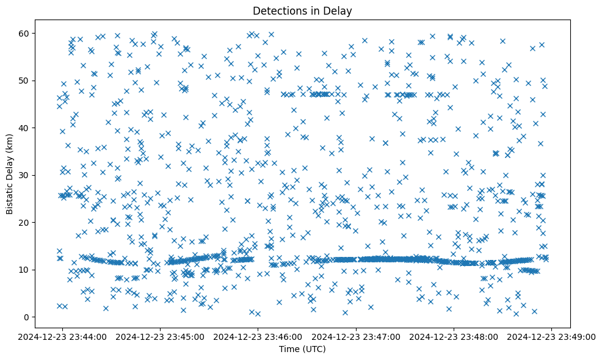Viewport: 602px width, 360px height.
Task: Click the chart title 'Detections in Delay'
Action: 302,11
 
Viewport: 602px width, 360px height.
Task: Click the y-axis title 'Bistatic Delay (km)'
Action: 10,173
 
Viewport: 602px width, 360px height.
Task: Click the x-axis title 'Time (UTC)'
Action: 302,350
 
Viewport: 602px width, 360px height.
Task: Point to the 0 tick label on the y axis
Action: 26,317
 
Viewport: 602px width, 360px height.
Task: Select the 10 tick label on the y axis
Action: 24,270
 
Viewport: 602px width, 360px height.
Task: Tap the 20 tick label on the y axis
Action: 24,222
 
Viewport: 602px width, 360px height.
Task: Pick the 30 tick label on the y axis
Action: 24,175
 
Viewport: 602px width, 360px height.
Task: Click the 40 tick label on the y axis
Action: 24,128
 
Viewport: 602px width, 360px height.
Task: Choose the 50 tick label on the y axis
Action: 24,81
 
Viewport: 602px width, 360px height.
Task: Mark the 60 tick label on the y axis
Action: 24,33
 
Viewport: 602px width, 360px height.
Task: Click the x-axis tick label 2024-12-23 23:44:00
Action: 62,336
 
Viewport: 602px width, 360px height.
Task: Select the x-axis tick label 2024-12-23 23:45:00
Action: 160,336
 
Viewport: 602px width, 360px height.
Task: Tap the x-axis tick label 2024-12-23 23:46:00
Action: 258,336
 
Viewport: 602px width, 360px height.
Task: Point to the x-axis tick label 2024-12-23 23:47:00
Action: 356,336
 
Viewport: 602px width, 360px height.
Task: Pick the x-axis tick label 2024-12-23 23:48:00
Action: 454,336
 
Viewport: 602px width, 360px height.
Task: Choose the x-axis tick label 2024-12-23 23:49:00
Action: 552,336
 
